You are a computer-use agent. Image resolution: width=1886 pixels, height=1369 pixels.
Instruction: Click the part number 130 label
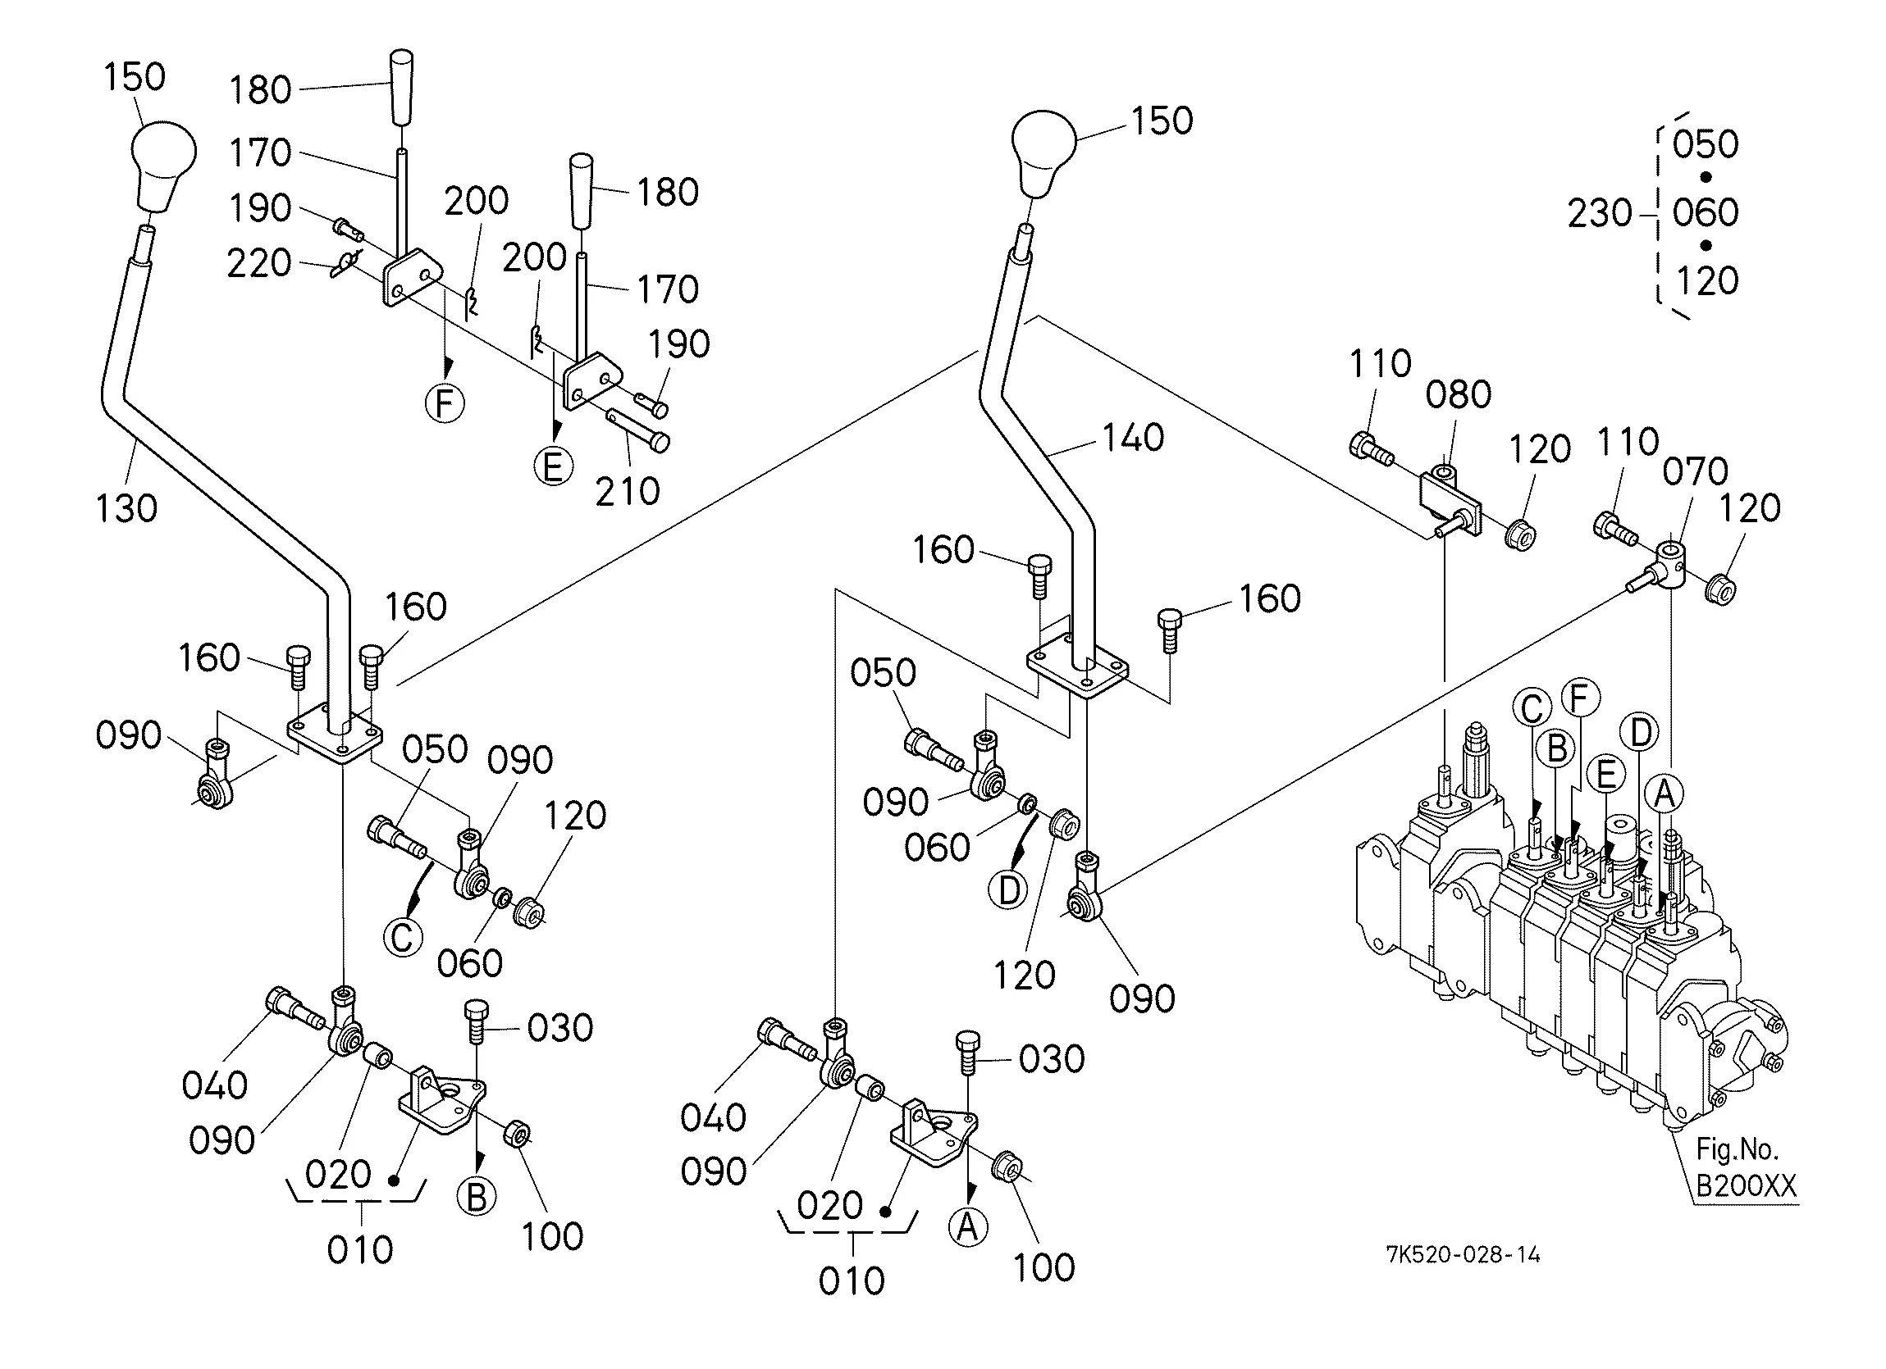[126, 509]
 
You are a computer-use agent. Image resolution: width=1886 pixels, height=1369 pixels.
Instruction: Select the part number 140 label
[1134, 438]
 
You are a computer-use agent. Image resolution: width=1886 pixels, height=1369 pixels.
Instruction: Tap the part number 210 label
[628, 492]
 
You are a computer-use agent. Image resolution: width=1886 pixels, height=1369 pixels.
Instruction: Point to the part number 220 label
[259, 263]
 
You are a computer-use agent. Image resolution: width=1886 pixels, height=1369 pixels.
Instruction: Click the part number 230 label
[1600, 214]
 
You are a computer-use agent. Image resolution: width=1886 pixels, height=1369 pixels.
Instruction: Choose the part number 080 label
[1459, 395]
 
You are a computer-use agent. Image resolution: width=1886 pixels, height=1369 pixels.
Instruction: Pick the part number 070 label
[1696, 472]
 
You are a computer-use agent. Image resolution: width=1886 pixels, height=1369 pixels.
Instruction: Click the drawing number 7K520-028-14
[1463, 1255]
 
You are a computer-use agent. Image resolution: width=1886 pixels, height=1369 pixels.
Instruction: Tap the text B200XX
[1746, 1185]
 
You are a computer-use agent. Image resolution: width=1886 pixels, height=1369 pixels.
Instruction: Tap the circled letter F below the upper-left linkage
[445, 404]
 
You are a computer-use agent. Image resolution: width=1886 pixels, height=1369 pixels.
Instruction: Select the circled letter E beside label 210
[554, 466]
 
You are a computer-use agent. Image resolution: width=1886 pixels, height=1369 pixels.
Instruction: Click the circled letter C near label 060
[404, 938]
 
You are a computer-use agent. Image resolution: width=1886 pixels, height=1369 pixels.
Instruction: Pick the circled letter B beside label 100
[477, 1198]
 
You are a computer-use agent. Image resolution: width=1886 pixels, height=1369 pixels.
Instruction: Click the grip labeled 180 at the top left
[401, 88]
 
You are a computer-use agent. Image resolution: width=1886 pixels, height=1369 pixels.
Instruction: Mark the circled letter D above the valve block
[1640, 733]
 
